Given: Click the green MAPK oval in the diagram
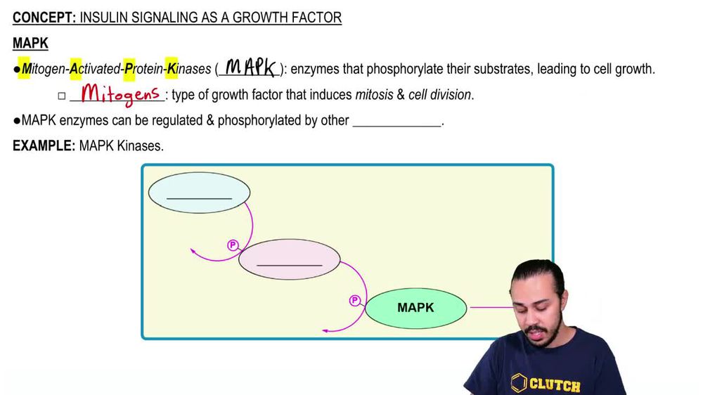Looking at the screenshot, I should (x=415, y=308).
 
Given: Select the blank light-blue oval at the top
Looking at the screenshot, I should (x=199, y=192).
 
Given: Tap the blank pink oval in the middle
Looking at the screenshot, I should (x=289, y=259).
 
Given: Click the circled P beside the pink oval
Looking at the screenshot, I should (x=233, y=245).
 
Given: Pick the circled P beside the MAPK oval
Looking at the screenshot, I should (x=355, y=301).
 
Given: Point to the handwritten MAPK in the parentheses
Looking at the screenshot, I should (x=250, y=68).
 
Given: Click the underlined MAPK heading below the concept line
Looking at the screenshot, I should (x=30, y=44).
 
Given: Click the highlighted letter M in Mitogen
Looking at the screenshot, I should (x=26, y=69).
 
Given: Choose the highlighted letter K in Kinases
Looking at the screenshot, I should (x=172, y=69).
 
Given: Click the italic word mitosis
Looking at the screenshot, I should (x=374, y=95).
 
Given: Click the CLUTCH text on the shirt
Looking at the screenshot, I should (x=555, y=385).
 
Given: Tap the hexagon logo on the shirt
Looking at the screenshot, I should (x=517, y=384).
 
